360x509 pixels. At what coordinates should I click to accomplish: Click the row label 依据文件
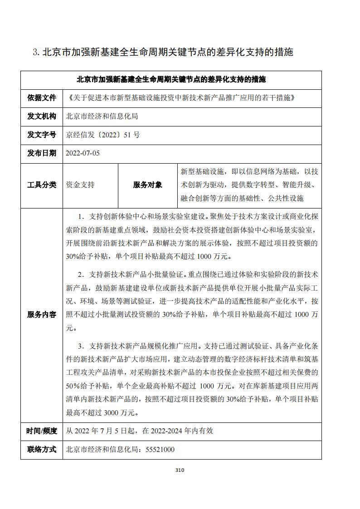click(42, 97)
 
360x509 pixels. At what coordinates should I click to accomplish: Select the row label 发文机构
click(42, 116)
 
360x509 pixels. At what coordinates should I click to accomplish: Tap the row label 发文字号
click(42, 135)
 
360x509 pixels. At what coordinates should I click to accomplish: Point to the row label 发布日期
click(42, 153)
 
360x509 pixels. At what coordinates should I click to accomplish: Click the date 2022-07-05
click(83, 153)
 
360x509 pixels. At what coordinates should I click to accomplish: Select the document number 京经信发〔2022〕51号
click(103, 135)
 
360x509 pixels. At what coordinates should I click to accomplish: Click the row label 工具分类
click(42, 185)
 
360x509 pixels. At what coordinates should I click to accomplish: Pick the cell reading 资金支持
click(80, 185)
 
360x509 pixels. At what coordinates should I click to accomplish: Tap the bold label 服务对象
click(147, 185)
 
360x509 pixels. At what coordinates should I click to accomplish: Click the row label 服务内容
click(42, 315)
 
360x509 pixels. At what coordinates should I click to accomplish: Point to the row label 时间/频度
click(42, 431)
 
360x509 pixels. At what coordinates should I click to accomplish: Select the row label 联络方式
click(42, 450)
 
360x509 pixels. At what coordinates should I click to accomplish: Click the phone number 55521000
click(160, 450)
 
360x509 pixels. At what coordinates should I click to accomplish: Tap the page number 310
click(180, 470)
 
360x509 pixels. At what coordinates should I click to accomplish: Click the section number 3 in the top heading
click(36, 53)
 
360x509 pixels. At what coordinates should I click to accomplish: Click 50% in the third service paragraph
click(73, 386)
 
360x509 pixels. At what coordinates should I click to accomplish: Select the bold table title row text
click(171, 80)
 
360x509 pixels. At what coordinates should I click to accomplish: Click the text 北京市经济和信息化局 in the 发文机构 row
click(102, 116)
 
